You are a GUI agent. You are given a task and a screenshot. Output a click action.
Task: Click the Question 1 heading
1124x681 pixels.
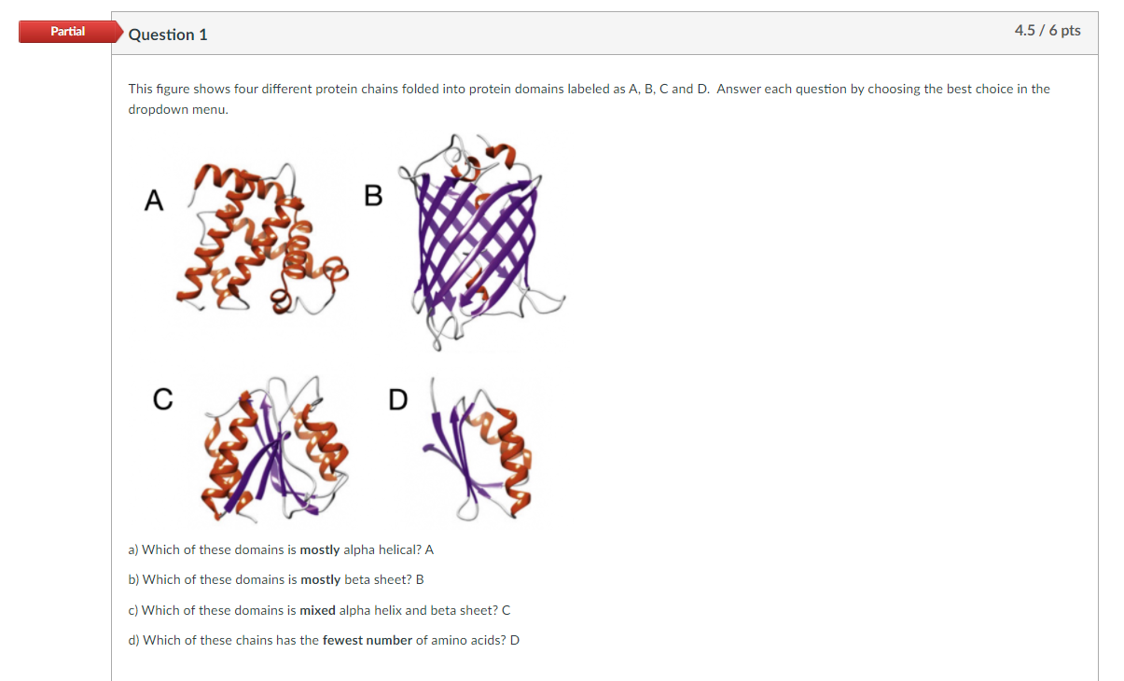click(168, 35)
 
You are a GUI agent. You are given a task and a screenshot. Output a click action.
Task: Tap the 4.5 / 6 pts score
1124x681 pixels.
click(1048, 31)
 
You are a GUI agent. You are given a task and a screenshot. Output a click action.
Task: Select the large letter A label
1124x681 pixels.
click(154, 201)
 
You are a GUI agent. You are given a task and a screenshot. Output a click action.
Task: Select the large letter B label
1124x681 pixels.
click(373, 196)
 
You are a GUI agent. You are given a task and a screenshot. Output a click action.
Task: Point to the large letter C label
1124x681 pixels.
click(163, 400)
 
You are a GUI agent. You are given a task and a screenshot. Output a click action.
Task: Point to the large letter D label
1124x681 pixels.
click(398, 400)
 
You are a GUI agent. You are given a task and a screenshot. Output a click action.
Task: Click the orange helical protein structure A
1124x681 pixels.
click(261, 239)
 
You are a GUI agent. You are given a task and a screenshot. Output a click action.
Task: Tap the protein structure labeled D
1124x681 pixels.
click(477, 449)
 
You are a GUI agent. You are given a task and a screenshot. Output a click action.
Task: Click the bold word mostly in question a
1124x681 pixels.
click(320, 550)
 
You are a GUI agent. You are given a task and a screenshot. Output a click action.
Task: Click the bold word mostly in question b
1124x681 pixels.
click(321, 580)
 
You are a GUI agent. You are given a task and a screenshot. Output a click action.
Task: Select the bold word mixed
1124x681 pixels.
click(318, 610)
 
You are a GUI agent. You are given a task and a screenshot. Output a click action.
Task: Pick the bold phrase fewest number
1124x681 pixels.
click(368, 640)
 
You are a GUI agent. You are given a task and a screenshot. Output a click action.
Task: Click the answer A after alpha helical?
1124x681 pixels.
click(429, 550)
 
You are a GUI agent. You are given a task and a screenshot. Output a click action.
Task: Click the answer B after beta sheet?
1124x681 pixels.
click(420, 579)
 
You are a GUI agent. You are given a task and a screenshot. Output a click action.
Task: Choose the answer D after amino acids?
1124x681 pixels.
click(515, 640)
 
